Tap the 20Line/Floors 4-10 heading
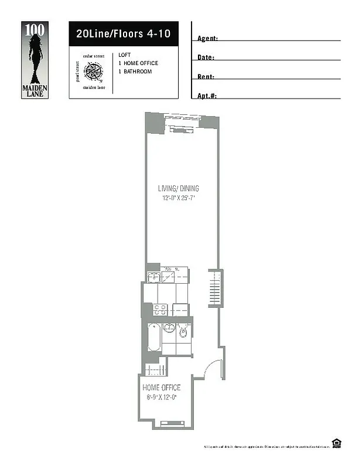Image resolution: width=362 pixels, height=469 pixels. [x=123, y=34]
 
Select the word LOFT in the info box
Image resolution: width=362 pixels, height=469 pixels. [x=124, y=55]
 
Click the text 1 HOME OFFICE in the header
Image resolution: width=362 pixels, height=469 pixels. [x=138, y=63]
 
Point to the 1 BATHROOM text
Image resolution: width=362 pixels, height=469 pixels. [x=135, y=72]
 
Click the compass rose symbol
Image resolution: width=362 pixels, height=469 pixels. [x=93, y=72]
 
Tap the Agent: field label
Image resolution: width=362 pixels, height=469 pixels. [x=208, y=39]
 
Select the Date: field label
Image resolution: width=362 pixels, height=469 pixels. [x=206, y=58]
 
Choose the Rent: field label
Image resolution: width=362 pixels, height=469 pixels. [x=206, y=77]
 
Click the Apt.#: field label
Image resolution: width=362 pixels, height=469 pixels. [x=207, y=96]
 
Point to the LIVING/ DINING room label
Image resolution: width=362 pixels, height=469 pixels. [x=178, y=189]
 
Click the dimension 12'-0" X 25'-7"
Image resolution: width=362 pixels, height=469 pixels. [x=178, y=198]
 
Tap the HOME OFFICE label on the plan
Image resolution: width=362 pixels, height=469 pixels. [x=162, y=388]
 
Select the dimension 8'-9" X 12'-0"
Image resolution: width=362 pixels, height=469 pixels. [x=162, y=397]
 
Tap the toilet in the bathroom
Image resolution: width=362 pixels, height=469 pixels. [x=183, y=332]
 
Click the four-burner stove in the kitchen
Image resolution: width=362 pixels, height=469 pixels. [x=160, y=310]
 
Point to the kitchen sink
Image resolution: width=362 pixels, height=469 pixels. [x=153, y=277]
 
